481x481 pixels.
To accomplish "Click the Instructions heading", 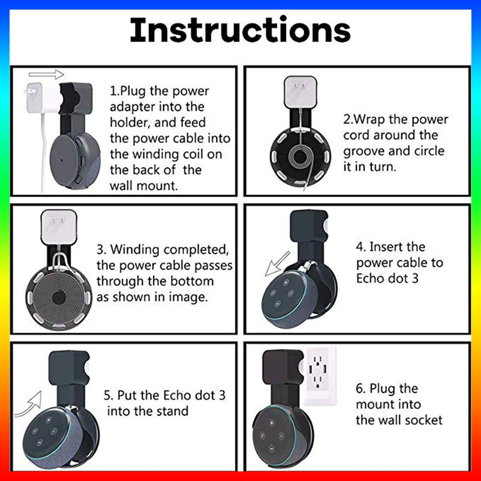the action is point(240,30).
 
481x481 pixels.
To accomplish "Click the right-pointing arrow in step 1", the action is point(46,74).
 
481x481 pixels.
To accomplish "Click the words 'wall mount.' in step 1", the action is point(144,186).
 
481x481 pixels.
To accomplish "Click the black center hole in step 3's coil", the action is point(59,297).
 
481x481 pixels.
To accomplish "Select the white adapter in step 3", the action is point(59,227).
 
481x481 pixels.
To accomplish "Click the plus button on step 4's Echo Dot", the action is point(286,283).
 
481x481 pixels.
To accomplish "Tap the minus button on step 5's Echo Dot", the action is point(40,443).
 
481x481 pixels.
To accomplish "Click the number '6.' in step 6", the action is point(361,389).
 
